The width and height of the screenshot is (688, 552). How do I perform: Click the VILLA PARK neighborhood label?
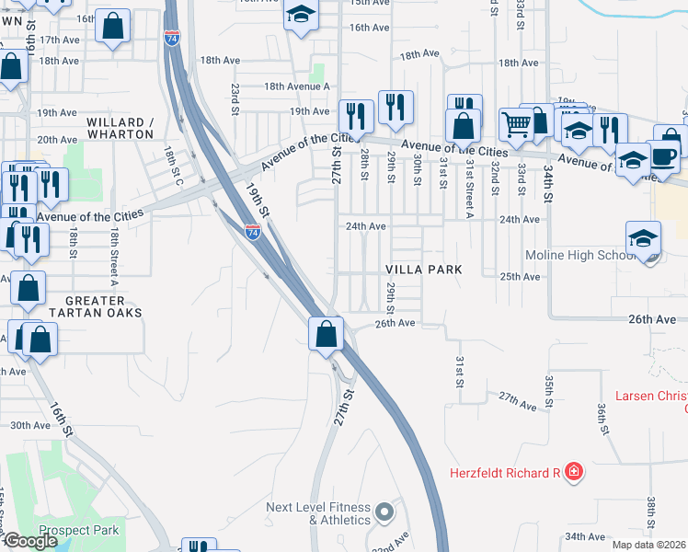[x=422, y=270]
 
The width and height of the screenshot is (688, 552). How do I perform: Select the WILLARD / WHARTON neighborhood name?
[x=120, y=128]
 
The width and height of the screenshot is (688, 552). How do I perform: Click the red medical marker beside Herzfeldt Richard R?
[x=574, y=473]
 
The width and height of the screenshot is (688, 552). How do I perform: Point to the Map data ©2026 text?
[x=649, y=545]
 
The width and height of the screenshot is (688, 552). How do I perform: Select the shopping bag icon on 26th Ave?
[x=326, y=333]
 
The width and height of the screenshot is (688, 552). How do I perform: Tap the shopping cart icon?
[x=516, y=124]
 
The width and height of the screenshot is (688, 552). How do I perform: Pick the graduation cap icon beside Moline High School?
[x=643, y=237]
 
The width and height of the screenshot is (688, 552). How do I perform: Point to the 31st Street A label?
[x=469, y=189]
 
